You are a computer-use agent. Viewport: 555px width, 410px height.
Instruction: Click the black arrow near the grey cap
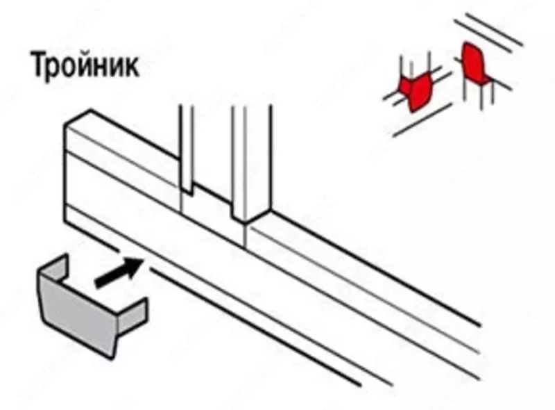tap(119, 272)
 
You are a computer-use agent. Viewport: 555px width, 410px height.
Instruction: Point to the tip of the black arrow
tap(144, 259)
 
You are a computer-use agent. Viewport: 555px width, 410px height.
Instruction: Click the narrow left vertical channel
tap(185, 149)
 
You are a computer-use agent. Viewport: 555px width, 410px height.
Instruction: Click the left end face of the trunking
tap(68, 174)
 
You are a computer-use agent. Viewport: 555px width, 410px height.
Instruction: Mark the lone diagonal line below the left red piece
tap(416, 125)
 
